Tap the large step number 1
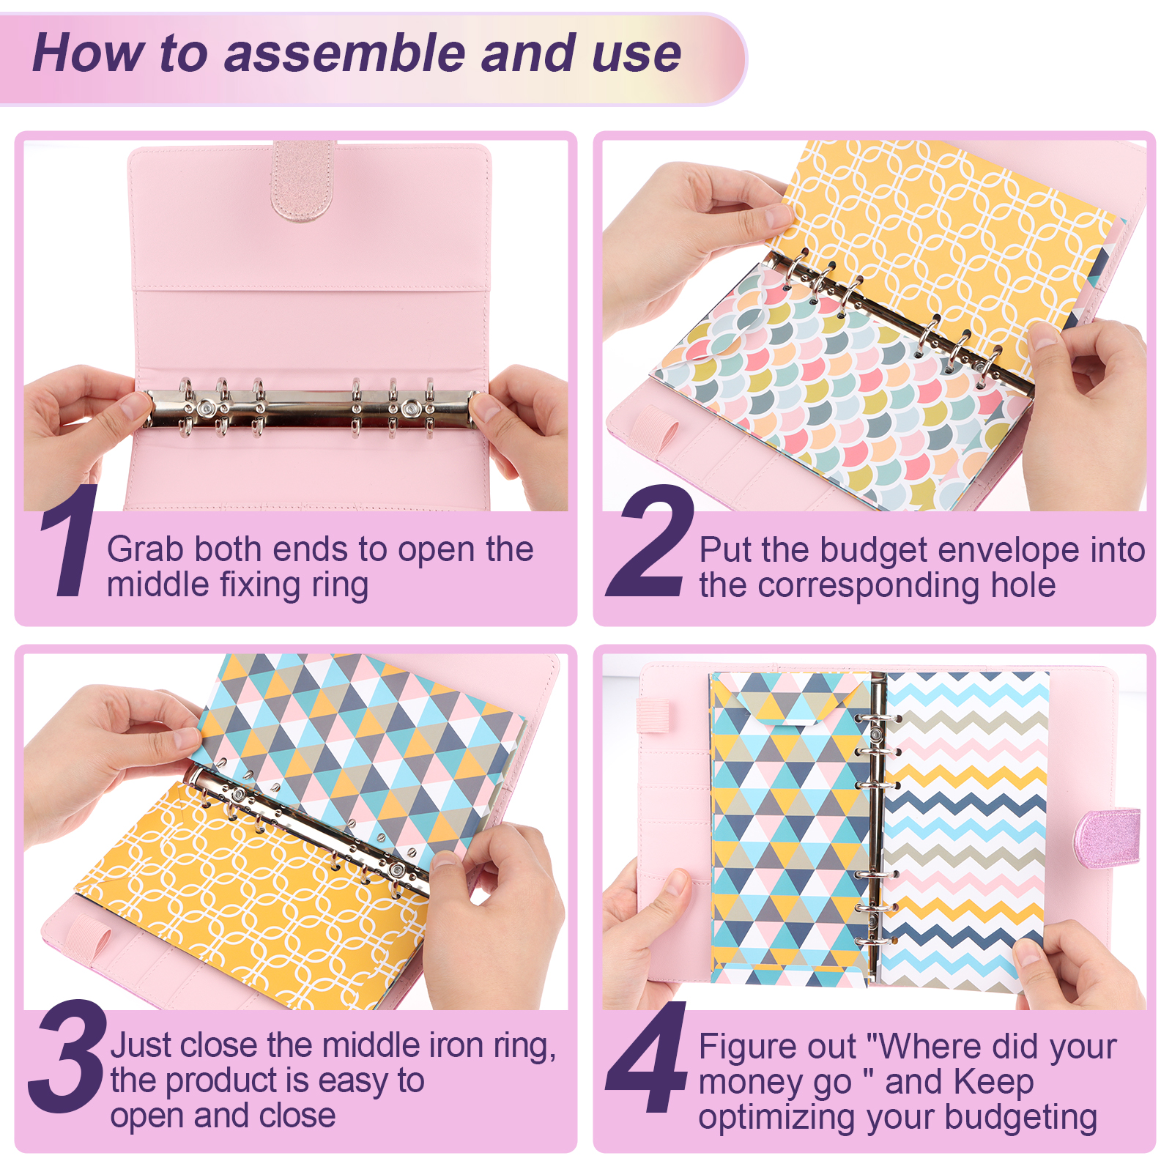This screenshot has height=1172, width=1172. pos(70,540)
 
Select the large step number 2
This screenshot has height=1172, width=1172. pos(650,540)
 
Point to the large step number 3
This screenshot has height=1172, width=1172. pos(68,1056)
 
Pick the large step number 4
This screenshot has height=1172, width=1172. pos(647,1056)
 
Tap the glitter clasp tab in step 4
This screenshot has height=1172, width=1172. pos(1107,837)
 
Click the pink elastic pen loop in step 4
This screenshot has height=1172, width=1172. pos(653,715)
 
